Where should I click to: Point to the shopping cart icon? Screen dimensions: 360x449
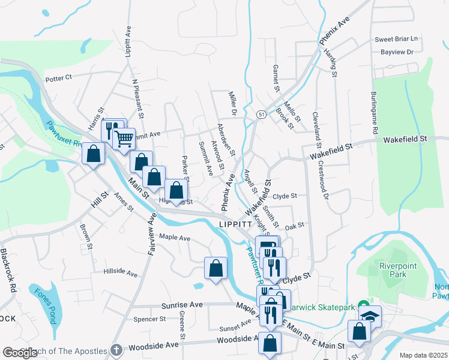click(x=124, y=139)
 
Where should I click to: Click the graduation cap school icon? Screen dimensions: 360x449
click(x=370, y=316)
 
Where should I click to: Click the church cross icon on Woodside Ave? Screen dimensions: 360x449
click(x=117, y=350)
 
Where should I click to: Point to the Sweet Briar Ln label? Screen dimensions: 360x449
click(x=396, y=39)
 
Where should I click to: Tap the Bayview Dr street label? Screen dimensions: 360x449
click(x=397, y=52)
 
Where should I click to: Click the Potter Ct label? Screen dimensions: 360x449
click(x=58, y=78)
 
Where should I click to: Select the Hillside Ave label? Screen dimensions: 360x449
click(x=120, y=272)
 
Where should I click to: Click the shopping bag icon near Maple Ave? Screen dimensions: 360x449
click(x=215, y=268)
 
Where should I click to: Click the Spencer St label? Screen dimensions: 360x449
click(x=149, y=319)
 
